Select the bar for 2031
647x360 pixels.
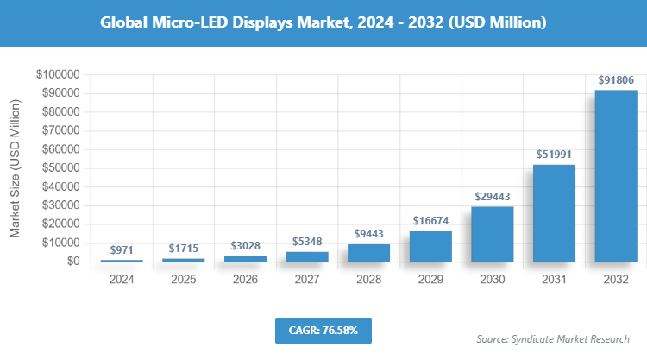pos(554,213)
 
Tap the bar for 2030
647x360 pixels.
pos(492,234)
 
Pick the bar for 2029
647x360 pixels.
pos(430,246)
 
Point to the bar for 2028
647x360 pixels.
pos(368,253)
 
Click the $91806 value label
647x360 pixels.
pos(616,80)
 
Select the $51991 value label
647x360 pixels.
pos(554,155)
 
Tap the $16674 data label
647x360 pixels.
pos(430,221)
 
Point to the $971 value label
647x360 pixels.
pos(122,249)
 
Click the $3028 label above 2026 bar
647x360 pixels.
pos(245,246)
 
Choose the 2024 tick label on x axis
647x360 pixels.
pos(122,280)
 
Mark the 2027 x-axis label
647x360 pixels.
pos(307,280)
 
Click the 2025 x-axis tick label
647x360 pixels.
pos(184,280)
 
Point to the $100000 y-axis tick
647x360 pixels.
pos(58,75)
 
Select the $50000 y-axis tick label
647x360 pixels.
pos(60,168)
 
